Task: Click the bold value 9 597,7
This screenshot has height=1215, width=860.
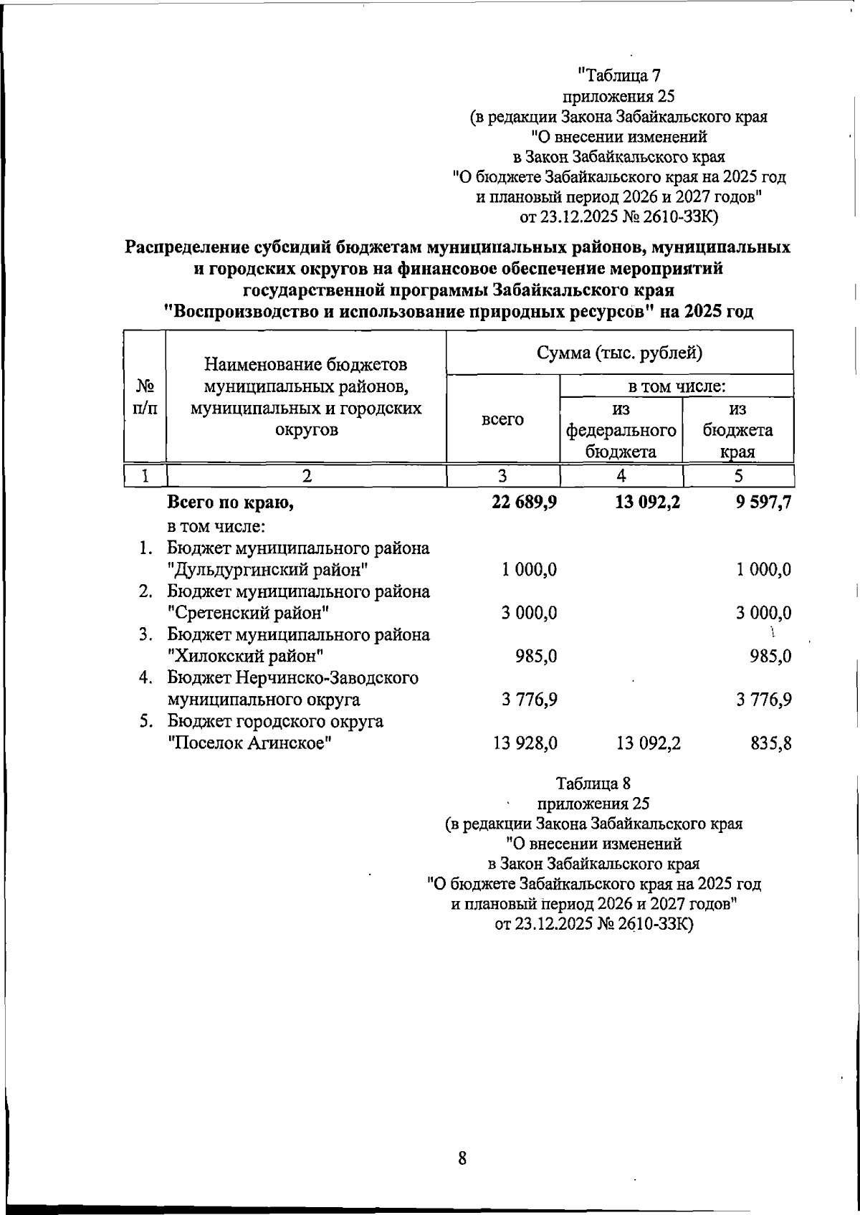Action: pyautogui.click(x=759, y=503)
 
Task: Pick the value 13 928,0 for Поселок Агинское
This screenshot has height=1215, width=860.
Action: pyautogui.click(x=525, y=743)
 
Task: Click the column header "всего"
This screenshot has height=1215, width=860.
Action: pyautogui.click(x=502, y=419)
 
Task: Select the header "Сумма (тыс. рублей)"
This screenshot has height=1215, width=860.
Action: pyautogui.click(x=619, y=353)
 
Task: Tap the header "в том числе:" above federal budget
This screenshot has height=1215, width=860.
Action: pyautogui.click(x=677, y=387)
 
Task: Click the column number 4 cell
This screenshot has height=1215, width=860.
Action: pyautogui.click(x=621, y=476)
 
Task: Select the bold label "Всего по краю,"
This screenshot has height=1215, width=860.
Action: pyautogui.click(x=231, y=503)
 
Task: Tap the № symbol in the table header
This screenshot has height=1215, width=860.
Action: pyautogui.click(x=145, y=387)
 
